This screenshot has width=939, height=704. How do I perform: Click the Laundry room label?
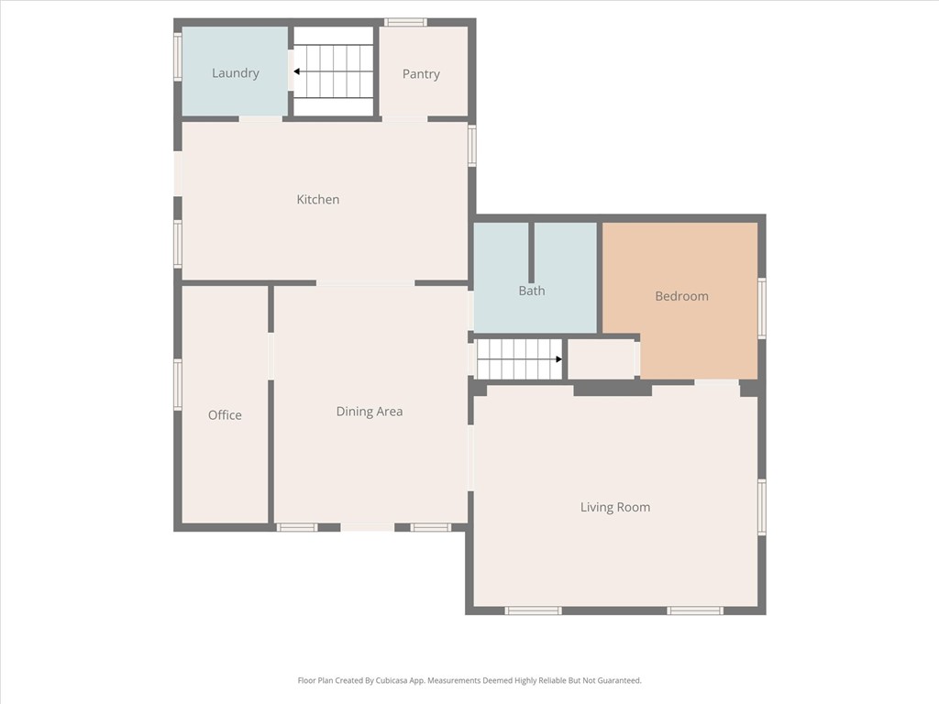coord(235,73)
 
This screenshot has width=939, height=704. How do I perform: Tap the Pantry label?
coord(421,74)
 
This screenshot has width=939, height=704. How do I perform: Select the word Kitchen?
coord(317,199)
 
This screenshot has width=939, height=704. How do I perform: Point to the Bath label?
coord(532,291)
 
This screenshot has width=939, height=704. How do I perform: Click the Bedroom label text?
coord(681,296)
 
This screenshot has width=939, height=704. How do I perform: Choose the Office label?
coord(225,415)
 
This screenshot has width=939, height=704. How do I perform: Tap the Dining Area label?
coord(369,412)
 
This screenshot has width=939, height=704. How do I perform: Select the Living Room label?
coord(614,507)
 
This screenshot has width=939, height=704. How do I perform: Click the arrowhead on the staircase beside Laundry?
coord(297,71)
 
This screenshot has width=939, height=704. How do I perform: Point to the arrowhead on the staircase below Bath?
coord(558,359)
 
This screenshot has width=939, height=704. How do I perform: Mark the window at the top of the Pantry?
coord(404,22)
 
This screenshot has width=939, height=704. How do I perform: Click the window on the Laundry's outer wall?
coord(178,57)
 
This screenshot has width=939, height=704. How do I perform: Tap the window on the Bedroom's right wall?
coord(762,309)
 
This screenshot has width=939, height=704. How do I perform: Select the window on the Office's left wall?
coord(178,384)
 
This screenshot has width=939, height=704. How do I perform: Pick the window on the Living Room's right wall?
coord(762,507)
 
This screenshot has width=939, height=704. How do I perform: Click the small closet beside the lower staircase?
coord(601,358)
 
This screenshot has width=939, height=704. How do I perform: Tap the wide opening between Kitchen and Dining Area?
coord(366,283)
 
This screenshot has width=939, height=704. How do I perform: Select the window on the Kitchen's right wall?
coord(472,145)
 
